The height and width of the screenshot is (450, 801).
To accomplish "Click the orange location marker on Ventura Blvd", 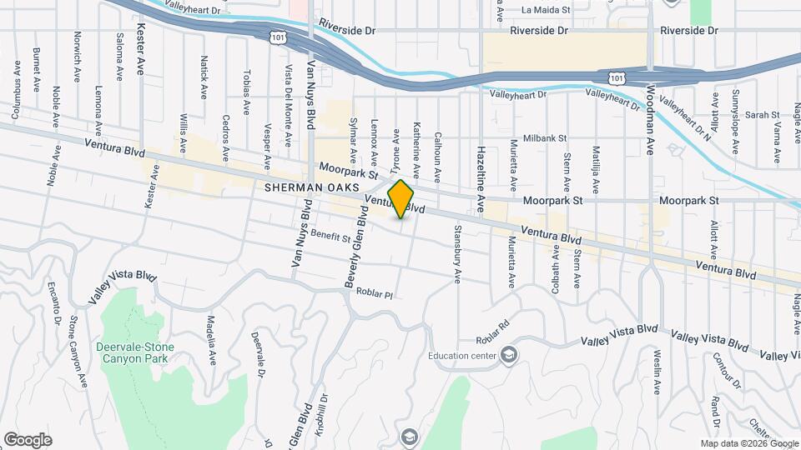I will [401, 199].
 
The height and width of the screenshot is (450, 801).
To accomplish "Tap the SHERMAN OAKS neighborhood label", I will [305, 188].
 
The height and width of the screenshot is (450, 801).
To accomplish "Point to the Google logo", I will [28, 440].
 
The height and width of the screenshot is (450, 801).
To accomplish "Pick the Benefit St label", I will [330, 236].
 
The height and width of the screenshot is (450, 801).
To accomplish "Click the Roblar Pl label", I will [374, 293].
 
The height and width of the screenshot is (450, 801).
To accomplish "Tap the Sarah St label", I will [762, 114].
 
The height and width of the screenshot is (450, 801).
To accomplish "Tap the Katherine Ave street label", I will [416, 132].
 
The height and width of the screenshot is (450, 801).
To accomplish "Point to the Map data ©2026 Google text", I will [748, 443].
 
